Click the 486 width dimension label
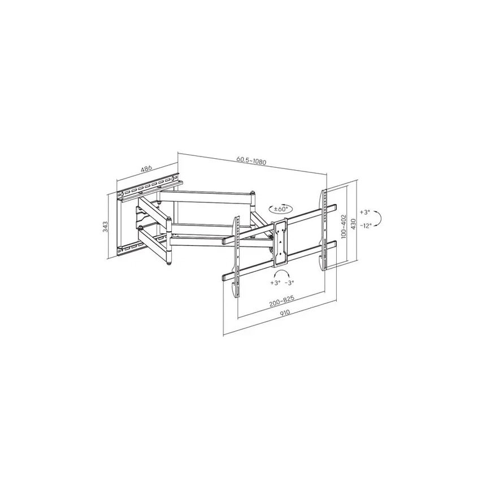tap(146, 168)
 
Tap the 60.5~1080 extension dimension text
tap(251, 160)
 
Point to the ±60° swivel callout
tap(280, 209)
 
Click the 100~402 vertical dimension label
tap(343, 225)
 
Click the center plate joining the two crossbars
tap(280, 243)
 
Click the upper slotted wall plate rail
tap(150, 188)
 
